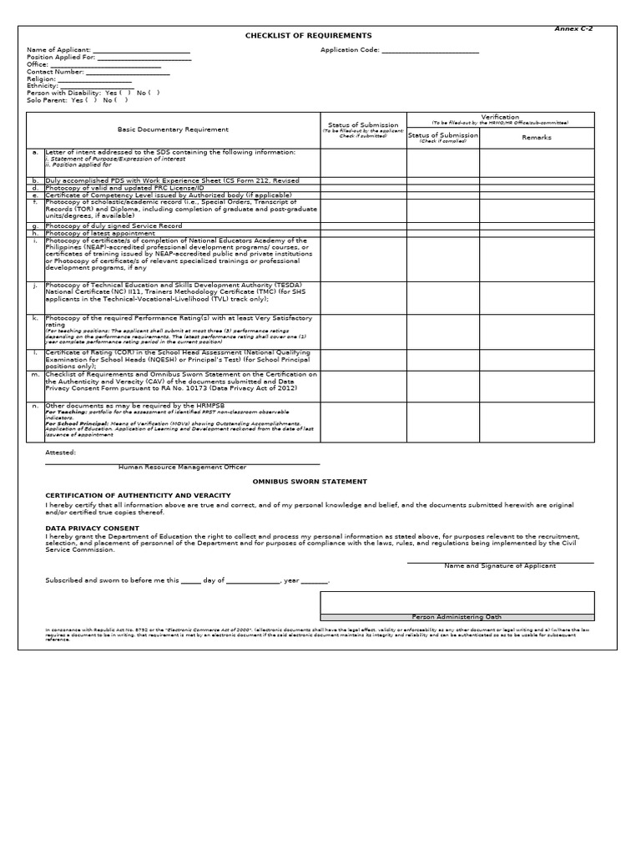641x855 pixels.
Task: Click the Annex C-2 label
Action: (573, 28)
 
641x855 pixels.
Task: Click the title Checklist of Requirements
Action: (308, 36)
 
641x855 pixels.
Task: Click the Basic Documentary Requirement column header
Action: (173, 129)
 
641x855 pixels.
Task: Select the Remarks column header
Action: (537, 137)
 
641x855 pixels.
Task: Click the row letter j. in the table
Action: (35, 285)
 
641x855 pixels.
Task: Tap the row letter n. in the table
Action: (35, 406)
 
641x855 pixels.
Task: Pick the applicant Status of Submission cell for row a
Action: (363, 163)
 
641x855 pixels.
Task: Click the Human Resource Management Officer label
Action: (182, 468)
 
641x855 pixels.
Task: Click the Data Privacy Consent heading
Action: (92, 529)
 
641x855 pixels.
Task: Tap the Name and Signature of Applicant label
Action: (500, 566)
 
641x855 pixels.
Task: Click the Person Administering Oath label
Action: (457, 617)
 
